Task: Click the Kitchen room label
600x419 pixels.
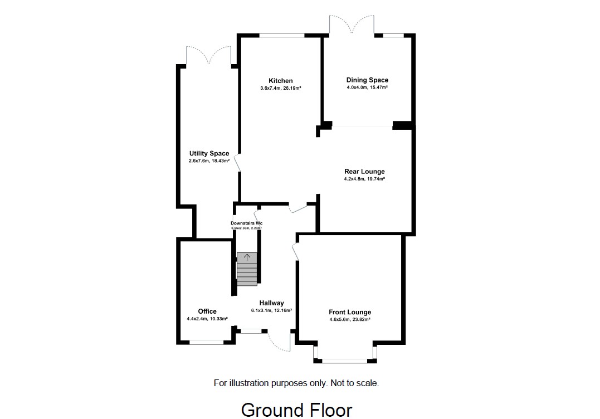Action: (x=280, y=81)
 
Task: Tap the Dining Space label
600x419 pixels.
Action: (x=367, y=80)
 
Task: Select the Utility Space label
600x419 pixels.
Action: (x=209, y=154)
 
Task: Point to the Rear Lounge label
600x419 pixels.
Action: (x=364, y=172)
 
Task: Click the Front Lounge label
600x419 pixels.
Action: (x=350, y=313)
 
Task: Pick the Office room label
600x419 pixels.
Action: (x=207, y=311)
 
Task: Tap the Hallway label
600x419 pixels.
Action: (x=271, y=303)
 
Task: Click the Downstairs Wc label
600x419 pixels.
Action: (x=246, y=223)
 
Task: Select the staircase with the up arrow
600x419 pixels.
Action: (x=247, y=269)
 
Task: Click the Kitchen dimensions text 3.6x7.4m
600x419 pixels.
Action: (x=270, y=88)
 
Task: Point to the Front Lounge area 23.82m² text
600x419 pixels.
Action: (x=360, y=320)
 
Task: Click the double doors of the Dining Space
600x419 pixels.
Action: (x=352, y=26)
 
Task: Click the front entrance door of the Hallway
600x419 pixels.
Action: (x=279, y=341)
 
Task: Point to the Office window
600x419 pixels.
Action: (x=207, y=342)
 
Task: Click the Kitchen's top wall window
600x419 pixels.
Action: (x=282, y=36)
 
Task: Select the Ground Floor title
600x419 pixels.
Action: (x=296, y=410)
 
